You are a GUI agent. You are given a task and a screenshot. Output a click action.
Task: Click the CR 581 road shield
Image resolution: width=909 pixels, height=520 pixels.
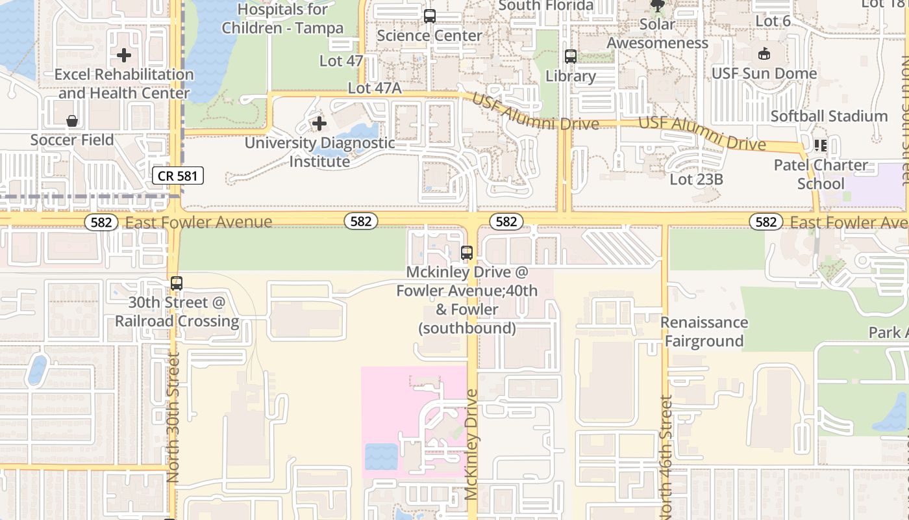point(179,175)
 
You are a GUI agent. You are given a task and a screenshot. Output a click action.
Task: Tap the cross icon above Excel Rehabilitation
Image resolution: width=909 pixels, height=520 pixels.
point(124,55)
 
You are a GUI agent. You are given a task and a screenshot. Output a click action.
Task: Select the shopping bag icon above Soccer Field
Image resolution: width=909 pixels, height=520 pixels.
point(72,121)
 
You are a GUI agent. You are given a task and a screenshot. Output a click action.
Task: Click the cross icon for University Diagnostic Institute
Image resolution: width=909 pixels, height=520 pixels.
point(319,123)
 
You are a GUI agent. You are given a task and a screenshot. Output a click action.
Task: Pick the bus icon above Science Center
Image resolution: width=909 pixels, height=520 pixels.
point(429,16)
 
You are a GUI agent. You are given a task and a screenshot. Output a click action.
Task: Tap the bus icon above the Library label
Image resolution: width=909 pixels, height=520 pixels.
point(570,57)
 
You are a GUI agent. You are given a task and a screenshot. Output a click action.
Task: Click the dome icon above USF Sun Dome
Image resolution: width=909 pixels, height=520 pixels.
point(764,54)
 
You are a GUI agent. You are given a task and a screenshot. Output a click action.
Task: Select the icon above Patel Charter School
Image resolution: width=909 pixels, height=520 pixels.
point(820,145)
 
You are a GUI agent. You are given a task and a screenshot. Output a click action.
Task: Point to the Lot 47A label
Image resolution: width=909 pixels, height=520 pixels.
point(375,88)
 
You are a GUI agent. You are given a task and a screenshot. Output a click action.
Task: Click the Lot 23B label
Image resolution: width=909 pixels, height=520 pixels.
point(696,179)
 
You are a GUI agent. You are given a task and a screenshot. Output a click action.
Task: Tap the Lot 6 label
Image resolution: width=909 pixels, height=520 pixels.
point(773,21)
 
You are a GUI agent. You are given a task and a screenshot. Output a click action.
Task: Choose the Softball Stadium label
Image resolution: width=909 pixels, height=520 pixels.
point(828,116)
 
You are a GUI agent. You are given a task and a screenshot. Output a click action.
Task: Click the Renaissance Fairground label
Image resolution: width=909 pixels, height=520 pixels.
point(704,331)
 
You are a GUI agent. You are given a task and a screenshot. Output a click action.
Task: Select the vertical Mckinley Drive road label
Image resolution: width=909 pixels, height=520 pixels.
point(472,445)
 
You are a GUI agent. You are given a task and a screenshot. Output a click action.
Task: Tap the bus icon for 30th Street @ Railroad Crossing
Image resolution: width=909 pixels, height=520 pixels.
point(177,283)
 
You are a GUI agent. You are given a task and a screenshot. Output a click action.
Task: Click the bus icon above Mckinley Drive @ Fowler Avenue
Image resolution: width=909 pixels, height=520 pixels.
point(466,253)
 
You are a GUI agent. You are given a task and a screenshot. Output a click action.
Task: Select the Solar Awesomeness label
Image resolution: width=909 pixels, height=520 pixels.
point(657,34)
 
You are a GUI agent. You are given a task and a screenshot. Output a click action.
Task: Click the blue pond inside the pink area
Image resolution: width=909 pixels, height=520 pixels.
point(381,456)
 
